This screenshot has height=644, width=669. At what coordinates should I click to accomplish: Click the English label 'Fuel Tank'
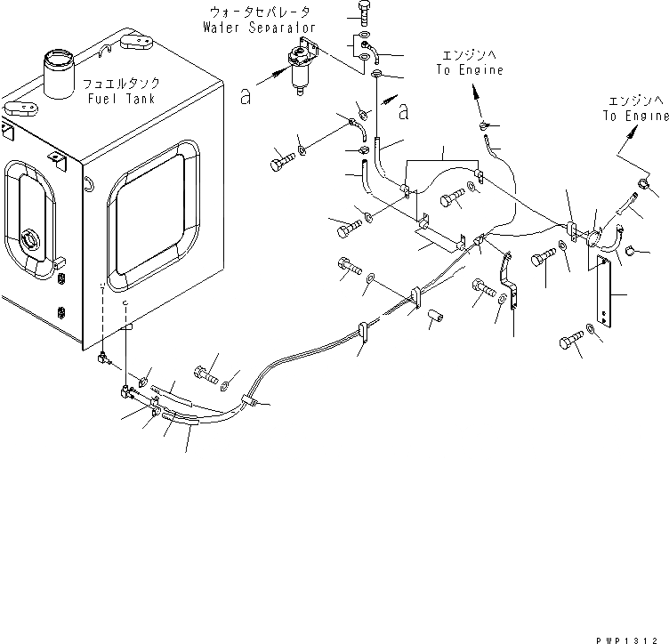[x=122, y=98]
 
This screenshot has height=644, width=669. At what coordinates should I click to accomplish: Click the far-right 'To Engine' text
[x=635, y=116]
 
